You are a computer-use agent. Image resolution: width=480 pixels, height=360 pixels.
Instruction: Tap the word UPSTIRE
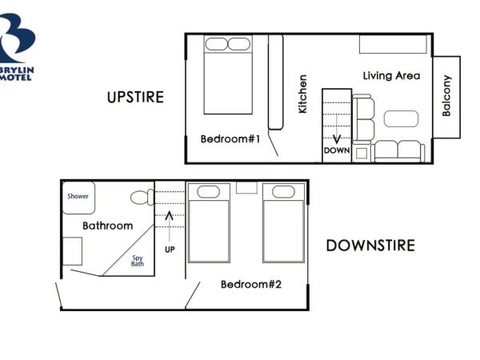[135, 98]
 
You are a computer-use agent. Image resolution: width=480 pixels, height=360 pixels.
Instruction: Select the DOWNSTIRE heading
[370, 246]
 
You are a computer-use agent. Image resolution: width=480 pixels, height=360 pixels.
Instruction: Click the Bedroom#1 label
[230, 139]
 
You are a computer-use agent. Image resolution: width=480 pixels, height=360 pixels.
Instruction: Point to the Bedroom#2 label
[251, 284]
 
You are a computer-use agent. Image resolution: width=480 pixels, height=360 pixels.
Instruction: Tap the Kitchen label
[302, 94]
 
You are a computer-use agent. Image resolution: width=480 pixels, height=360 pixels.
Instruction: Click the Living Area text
[391, 76]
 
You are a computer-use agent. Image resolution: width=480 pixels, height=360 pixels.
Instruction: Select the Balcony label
[447, 96]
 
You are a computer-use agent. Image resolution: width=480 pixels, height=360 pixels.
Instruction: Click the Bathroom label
[107, 226]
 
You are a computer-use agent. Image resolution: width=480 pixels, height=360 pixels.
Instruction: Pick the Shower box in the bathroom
[78, 197]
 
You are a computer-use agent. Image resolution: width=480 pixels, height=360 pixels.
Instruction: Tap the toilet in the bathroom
[142, 198]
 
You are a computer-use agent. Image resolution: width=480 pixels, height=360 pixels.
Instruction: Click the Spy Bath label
[138, 261]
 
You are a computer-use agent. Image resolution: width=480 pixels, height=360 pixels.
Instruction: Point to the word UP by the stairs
[169, 249]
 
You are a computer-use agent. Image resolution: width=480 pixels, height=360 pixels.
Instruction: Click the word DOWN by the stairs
[337, 150]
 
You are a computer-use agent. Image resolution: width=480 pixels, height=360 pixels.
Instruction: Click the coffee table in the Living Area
[401, 118]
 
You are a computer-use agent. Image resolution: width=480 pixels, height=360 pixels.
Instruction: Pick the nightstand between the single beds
[246, 188]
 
